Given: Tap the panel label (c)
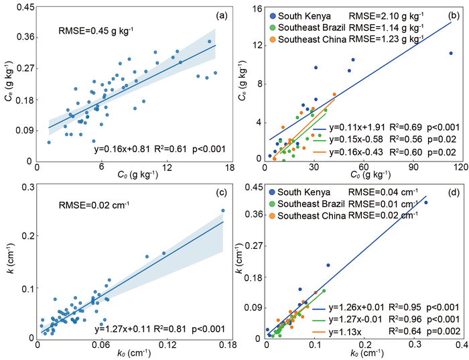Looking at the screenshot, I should pos(218,194).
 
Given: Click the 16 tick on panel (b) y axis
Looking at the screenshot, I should pos(255,8).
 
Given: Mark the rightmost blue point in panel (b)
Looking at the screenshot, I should pos(451,53).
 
